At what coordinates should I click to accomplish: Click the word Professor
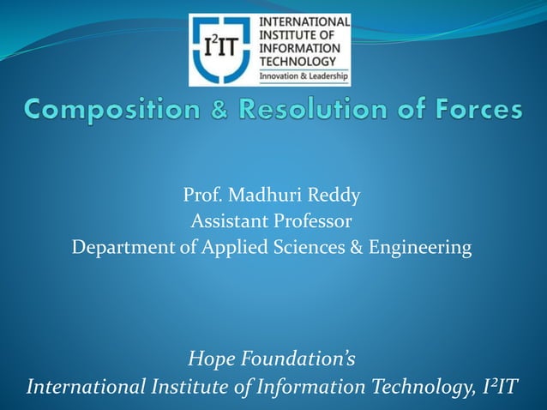click(312, 221)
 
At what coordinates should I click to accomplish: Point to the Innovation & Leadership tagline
click(304, 76)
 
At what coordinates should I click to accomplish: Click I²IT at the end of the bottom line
click(496, 387)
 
